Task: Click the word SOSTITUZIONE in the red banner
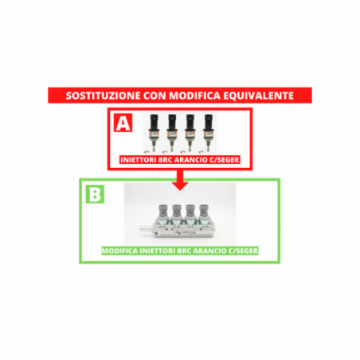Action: tap(103, 96)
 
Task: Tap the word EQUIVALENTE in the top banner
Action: tap(258, 96)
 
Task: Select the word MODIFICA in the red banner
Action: tap(194, 96)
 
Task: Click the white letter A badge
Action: tap(123, 123)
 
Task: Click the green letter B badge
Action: tap(95, 194)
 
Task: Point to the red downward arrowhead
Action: tap(180, 186)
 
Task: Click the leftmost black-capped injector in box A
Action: tap(154, 132)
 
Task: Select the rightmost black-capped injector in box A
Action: tap(208, 132)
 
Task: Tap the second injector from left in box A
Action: tap(172, 132)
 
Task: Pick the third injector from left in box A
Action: tap(190, 132)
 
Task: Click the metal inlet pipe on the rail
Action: tap(146, 229)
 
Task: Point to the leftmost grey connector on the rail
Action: tap(163, 211)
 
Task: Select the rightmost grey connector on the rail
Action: tap(204, 211)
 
